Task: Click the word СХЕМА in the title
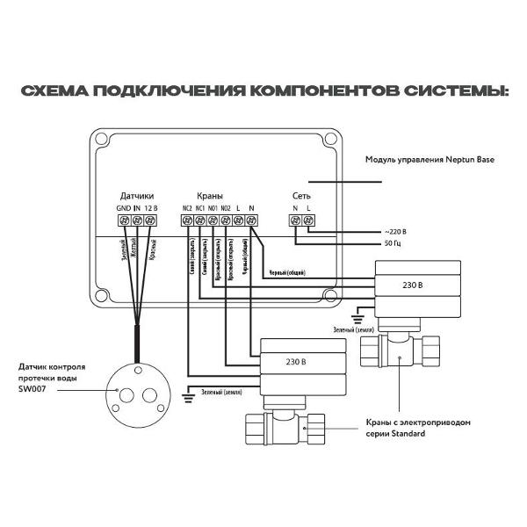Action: [51, 91]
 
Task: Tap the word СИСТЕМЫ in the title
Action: [456, 91]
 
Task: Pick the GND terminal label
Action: [123, 207]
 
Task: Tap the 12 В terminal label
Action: [151, 207]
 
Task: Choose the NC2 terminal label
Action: [186, 207]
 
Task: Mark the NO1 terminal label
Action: [213, 207]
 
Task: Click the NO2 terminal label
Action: [226, 207]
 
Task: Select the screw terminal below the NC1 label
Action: [199, 220]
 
